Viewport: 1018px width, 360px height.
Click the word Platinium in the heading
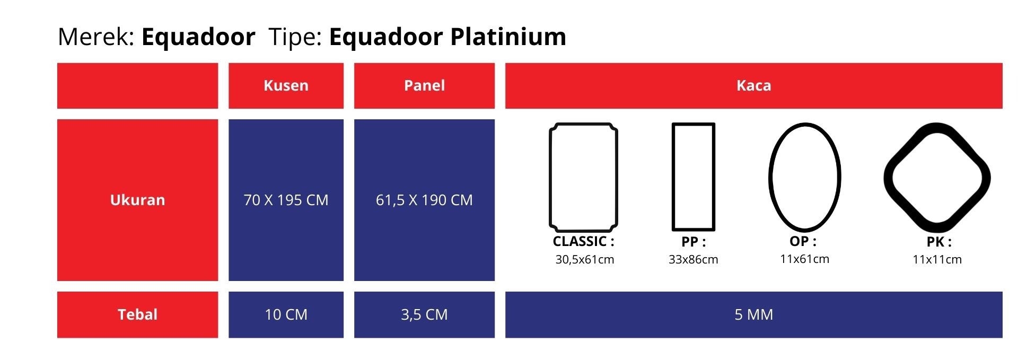point(508,37)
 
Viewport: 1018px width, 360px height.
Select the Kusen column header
point(286,85)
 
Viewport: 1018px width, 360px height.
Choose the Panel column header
point(424,85)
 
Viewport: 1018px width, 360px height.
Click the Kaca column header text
point(753,85)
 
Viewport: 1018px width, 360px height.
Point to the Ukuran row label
point(137,200)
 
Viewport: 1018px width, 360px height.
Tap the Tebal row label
point(137,314)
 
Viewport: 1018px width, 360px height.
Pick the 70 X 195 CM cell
point(286,200)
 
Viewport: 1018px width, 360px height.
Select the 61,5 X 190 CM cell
point(424,200)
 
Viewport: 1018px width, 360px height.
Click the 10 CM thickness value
point(286,314)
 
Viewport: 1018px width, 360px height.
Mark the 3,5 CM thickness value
point(424,314)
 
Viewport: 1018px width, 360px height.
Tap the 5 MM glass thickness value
point(753,314)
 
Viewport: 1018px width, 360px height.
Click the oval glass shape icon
point(770,177)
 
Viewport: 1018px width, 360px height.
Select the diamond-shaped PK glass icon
point(889,178)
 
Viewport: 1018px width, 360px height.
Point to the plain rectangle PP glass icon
point(673,177)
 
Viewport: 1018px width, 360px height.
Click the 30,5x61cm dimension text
point(584,259)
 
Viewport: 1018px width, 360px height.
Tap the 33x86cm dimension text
point(693,259)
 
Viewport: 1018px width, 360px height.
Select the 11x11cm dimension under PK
point(937,259)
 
